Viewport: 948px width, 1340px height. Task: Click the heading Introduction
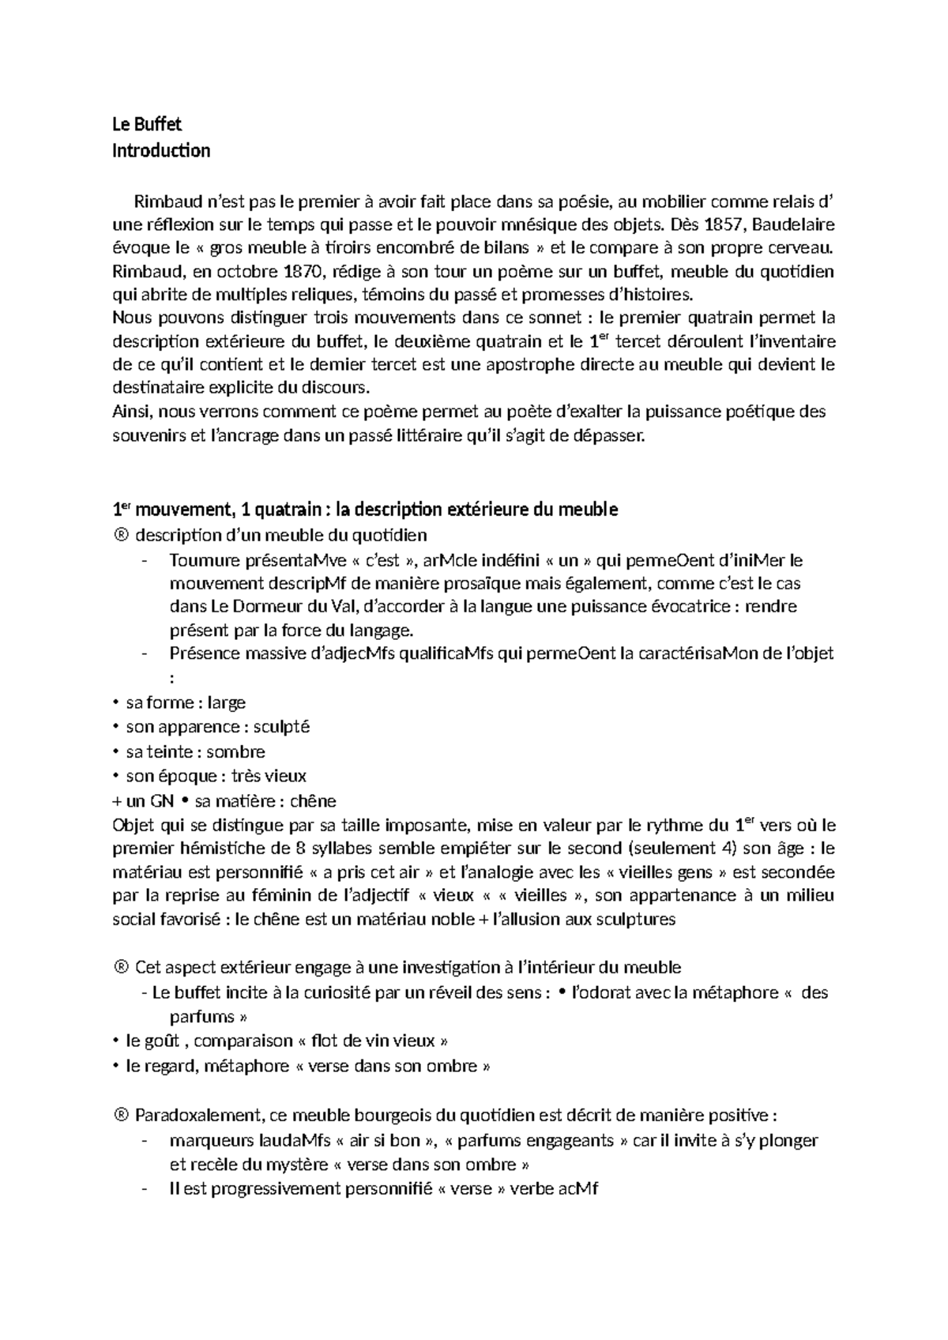[x=161, y=150]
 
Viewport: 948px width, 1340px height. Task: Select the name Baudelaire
[x=799, y=224]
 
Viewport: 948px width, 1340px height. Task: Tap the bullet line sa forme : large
[x=186, y=702]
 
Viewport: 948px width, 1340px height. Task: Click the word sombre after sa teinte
[x=235, y=751]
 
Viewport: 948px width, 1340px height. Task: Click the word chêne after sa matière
[x=313, y=801]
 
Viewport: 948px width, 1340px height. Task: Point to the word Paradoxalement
[x=199, y=1116]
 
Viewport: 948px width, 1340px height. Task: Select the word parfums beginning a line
[x=201, y=1016]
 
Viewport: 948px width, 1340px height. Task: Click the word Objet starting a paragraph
[x=135, y=826]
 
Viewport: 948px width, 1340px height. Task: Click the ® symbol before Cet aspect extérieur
[x=121, y=967]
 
